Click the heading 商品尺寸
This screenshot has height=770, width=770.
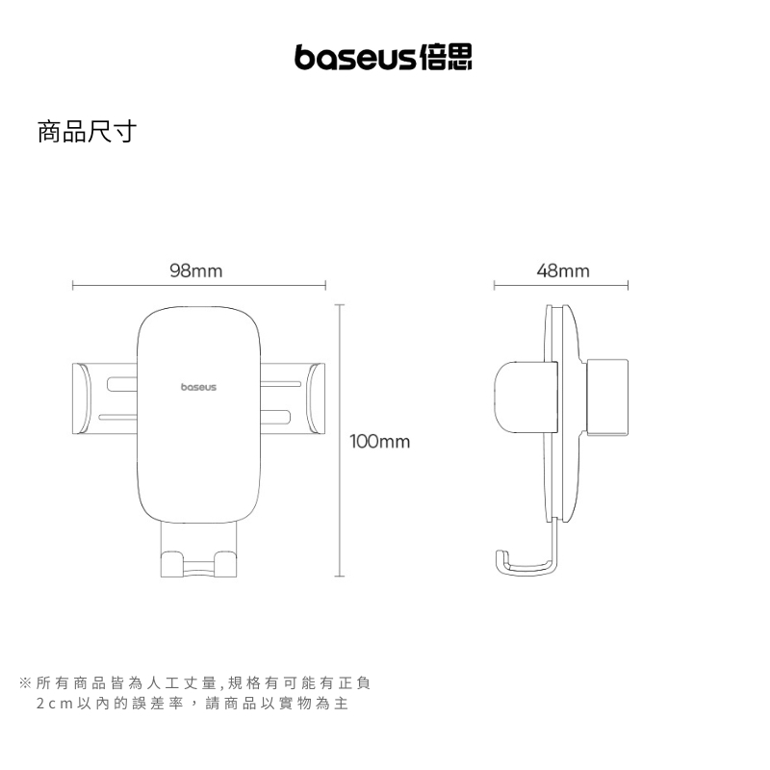pyautogui.click(x=86, y=132)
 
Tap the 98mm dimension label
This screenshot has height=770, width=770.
pyautogui.click(x=195, y=271)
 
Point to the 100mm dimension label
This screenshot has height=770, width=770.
pyautogui.click(x=380, y=442)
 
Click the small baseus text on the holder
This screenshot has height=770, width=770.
pyautogui.click(x=199, y=387)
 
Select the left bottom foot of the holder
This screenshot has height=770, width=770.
pyautogui.click(x=173, y=564)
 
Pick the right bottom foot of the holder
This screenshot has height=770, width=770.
pyautogui.click(x=226, y=564)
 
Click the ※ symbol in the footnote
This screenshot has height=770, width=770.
pyautogui.click(x=26, y=683)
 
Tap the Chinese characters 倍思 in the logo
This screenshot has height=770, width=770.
pyautogui.click(x=448, y=58)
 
